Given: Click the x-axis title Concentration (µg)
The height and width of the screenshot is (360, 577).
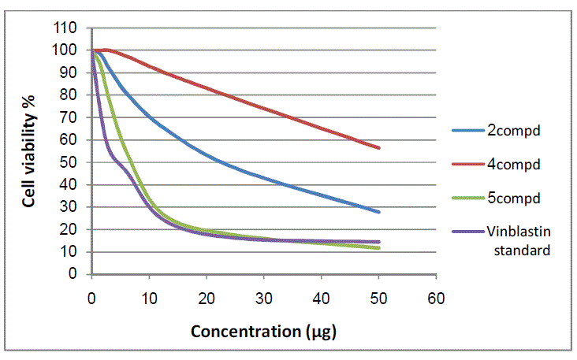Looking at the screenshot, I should click(x=263, y=331).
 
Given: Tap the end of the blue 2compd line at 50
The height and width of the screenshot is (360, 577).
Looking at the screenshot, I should click(x=379, y=212).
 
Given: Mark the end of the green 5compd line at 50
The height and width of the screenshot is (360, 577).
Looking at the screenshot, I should click(x=379, y=248).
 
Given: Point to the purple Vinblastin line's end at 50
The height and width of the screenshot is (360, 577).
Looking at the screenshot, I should click(x=379, y=242).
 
